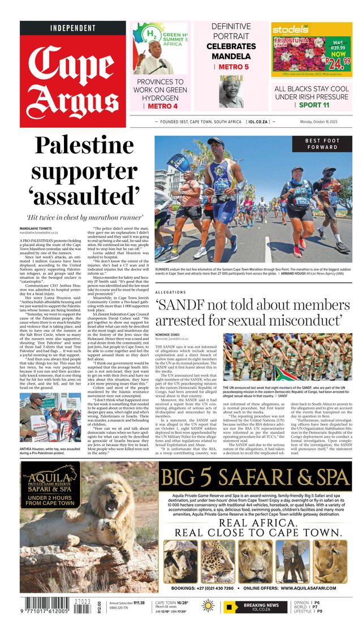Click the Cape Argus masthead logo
point(72,79)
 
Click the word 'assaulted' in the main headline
point(84,195)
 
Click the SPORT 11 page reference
point(314,105)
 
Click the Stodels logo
point(291,30)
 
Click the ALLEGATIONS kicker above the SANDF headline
point(170,293)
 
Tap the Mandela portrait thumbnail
point(231,90)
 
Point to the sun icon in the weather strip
point(208,607)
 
